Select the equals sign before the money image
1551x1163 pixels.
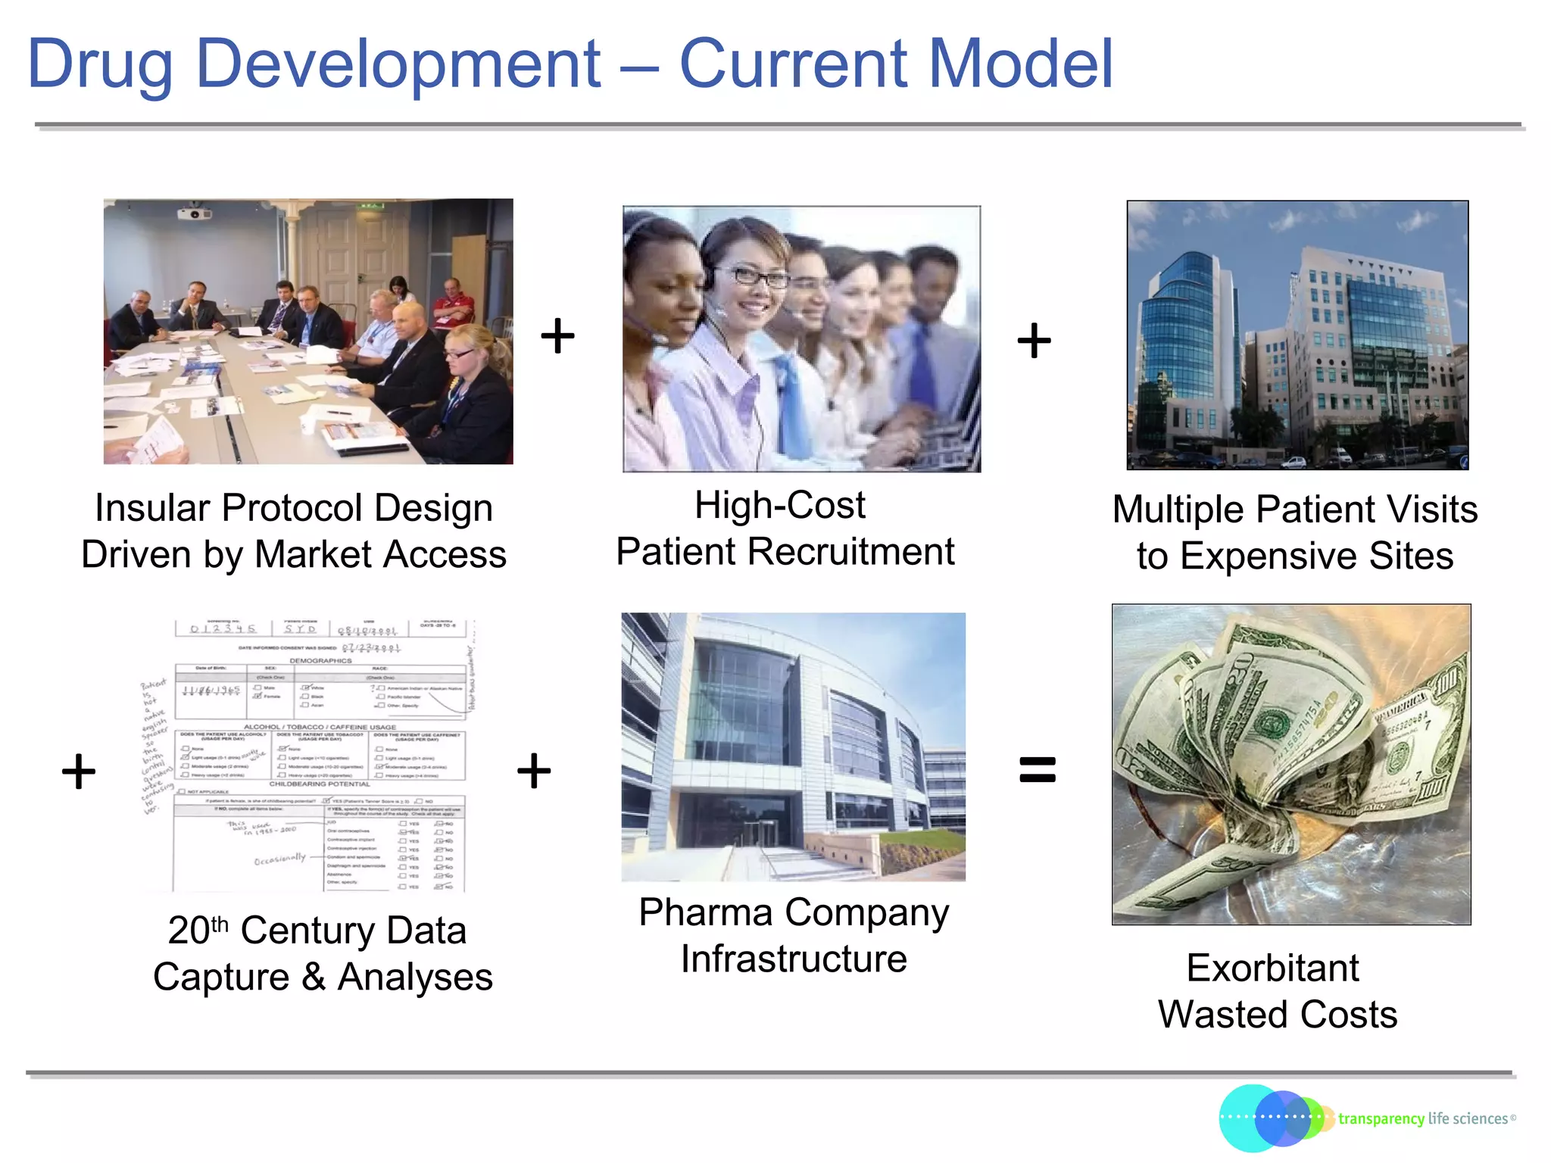(1037, 770)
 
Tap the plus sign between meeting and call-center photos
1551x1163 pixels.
(557, 335)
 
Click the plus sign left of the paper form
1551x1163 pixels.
(79, 772)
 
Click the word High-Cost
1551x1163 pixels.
(780, 506)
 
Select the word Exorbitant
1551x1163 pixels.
(1272, 968)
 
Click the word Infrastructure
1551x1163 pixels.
(794, 959)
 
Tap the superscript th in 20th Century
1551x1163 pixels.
(220, 924)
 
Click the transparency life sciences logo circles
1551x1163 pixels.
(1272, 1118)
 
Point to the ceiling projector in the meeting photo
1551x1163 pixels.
(194, 214)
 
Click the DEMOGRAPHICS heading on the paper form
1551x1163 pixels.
(320, 660)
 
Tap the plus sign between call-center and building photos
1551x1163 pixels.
(1034, 340)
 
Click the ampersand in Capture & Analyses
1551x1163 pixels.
(314, 977)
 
